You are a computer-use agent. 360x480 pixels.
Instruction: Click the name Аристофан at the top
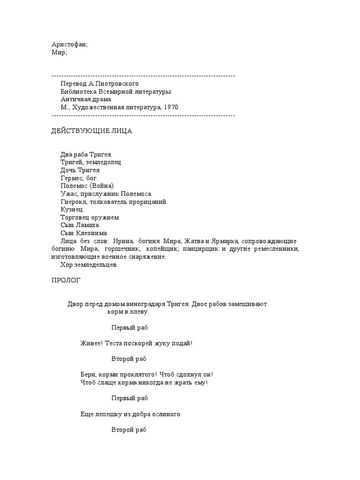[68, 44]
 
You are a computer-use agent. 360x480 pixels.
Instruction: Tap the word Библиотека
[78, 91]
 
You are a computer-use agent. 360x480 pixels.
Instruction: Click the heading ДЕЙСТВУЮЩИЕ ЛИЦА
[91, 131]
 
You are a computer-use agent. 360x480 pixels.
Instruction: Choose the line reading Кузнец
[71, 210]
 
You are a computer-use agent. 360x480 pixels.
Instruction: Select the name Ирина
[124, 241]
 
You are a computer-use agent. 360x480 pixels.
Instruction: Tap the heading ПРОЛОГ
[66, 280]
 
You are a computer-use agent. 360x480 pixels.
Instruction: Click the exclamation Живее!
[91, 344]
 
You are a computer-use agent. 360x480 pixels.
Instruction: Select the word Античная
[75, 99]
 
